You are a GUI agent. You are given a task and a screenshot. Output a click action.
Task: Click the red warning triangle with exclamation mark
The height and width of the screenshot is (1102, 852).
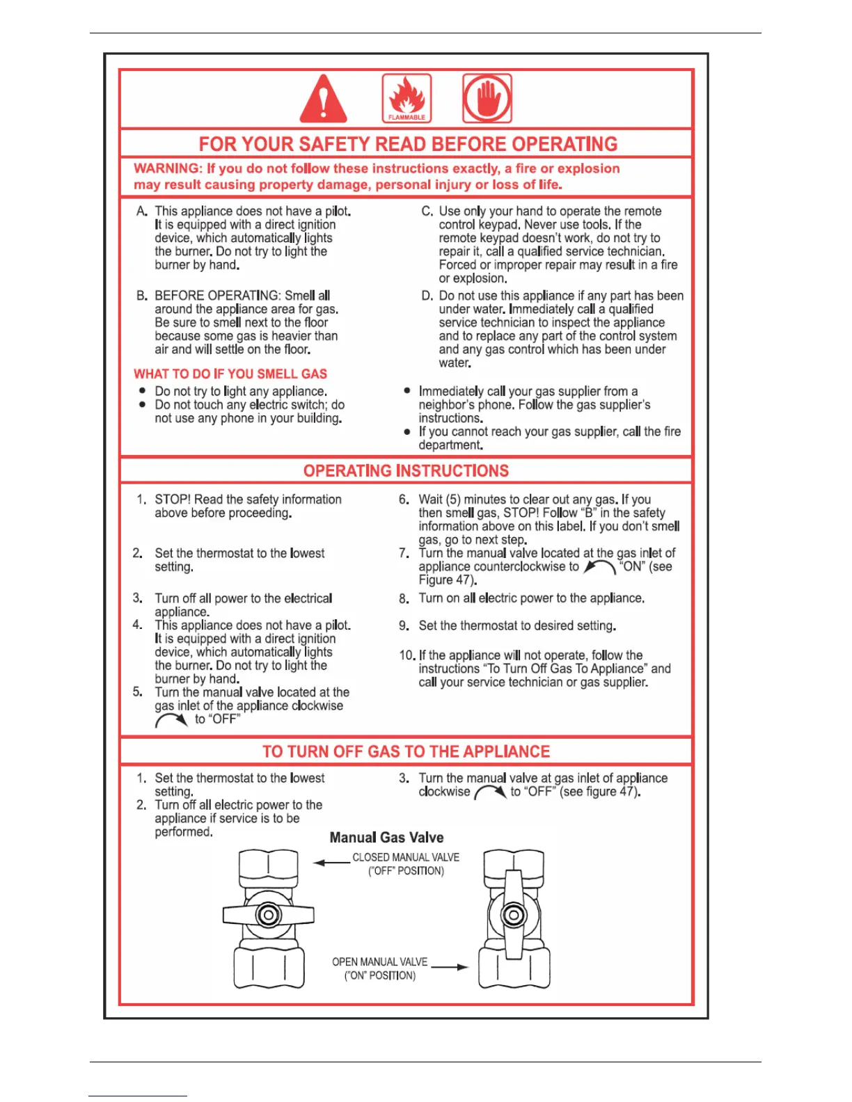click(323, 99)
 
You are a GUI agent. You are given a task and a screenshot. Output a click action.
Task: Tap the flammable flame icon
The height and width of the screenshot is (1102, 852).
click(407, 98)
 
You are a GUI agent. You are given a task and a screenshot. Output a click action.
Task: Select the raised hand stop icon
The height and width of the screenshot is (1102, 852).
click(487, 98)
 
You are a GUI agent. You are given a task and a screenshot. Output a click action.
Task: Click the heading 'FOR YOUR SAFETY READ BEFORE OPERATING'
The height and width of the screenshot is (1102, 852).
click(408, 144)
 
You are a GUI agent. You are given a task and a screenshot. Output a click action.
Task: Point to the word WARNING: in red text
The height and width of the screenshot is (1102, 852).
click(168, 168)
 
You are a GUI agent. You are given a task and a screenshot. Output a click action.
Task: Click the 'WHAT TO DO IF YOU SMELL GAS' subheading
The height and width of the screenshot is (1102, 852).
click(230, 374)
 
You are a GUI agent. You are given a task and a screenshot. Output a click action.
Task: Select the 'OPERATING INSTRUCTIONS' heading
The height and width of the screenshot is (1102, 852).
click(406, 471)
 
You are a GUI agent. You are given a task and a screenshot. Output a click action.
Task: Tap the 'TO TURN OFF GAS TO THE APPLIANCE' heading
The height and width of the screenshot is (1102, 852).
click(406, 751)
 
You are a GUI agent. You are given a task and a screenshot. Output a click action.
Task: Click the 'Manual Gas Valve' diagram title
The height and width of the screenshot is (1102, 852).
click(386, 838)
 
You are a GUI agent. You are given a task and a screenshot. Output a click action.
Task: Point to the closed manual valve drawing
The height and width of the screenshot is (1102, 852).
click(269, 917)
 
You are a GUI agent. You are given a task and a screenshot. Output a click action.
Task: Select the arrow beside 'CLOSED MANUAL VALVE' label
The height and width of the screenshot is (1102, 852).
click(331, 863)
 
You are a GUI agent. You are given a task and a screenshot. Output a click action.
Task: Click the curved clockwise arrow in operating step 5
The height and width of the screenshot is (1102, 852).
click(171, 720)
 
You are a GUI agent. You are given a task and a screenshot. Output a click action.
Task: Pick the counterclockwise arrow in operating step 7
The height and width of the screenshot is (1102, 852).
click(599, 568)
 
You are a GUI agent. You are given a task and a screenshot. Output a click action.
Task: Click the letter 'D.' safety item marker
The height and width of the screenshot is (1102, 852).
click(427, 296)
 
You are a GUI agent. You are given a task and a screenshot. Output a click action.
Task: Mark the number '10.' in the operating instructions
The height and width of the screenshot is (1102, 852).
click(407, 655)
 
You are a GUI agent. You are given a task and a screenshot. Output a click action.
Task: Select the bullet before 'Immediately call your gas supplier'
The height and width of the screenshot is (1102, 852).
click(407, 391)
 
